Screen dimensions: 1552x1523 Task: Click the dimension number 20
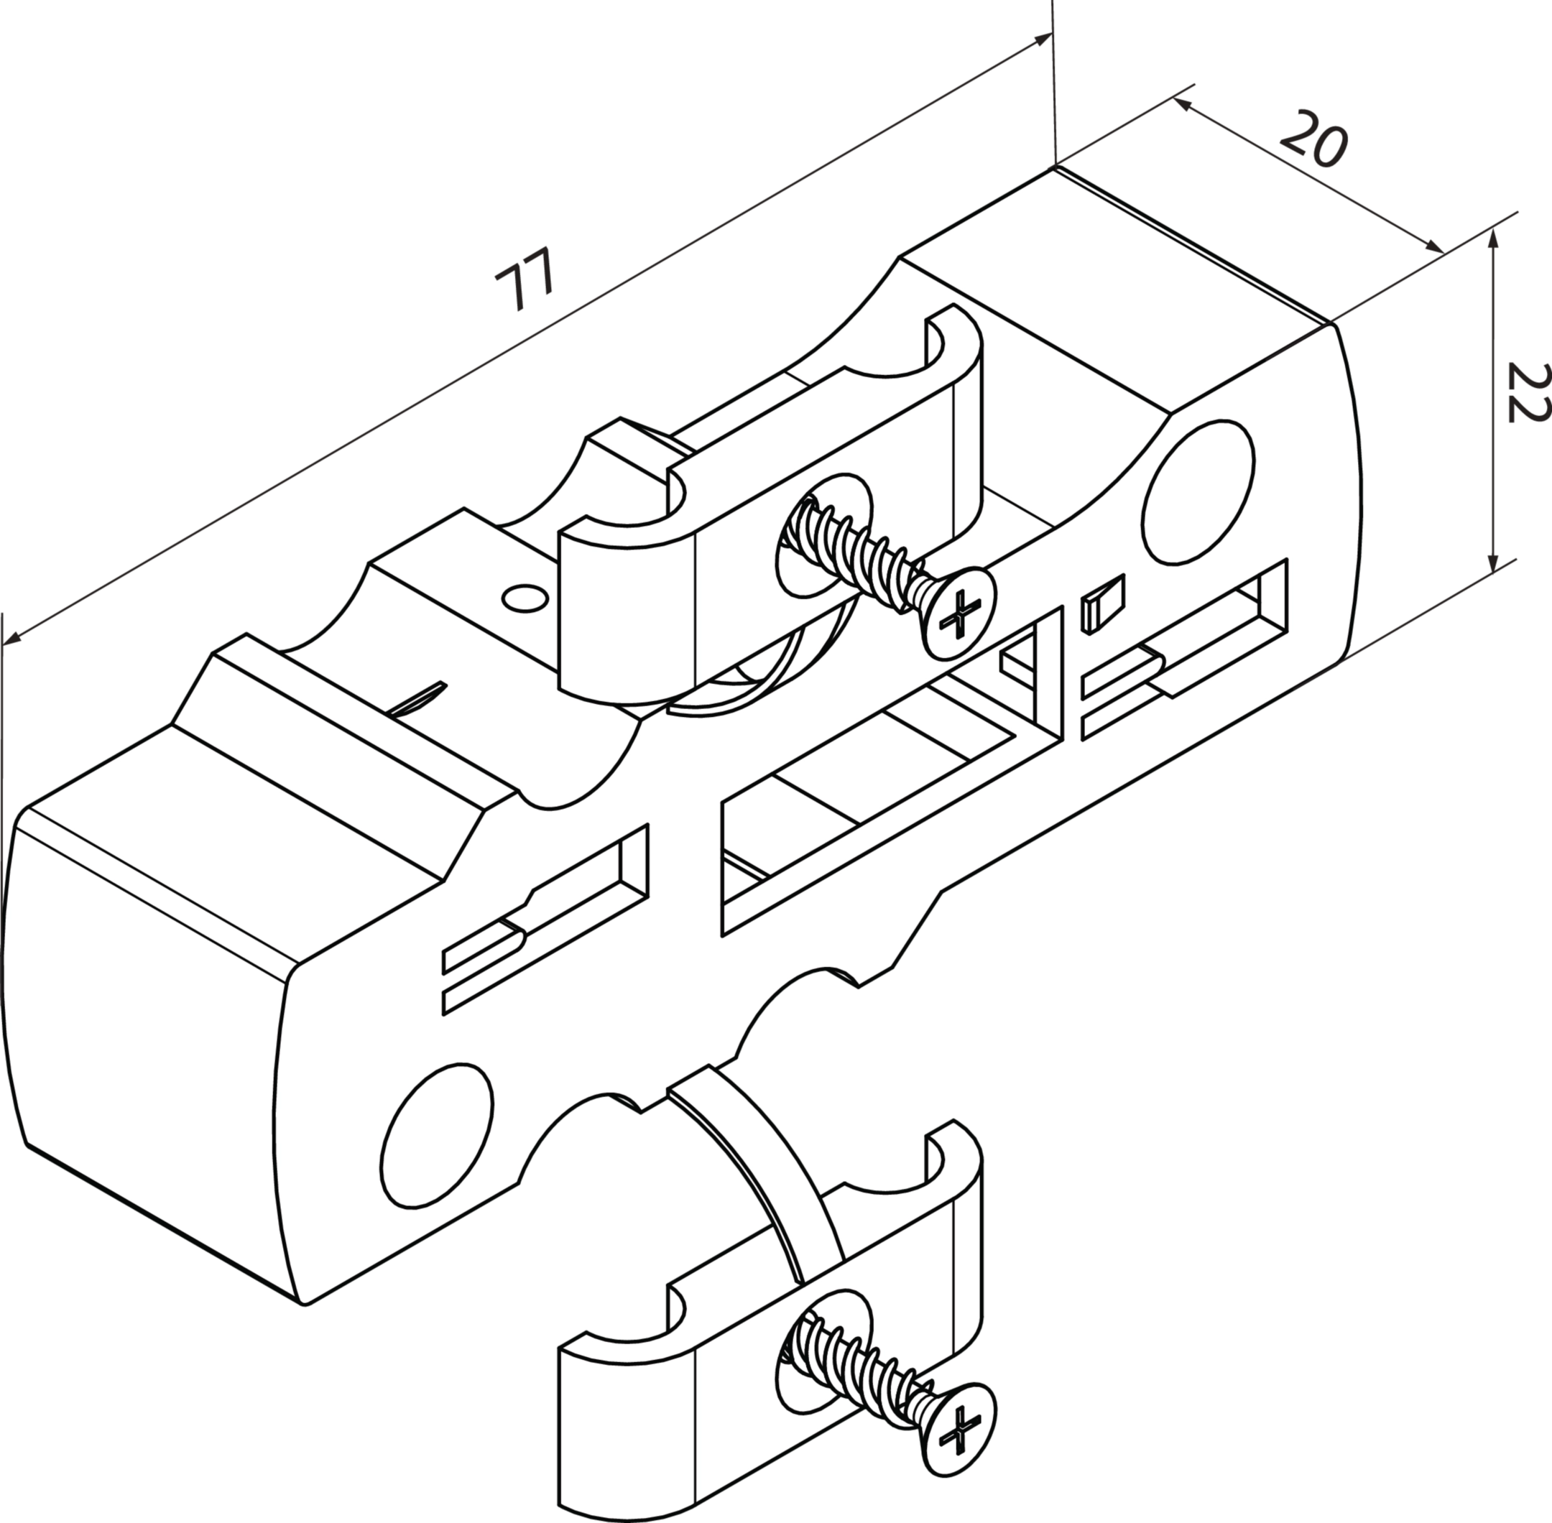click(1314, 139)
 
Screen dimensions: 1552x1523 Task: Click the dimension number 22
click(1525, 392)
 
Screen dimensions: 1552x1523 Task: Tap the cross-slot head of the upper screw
click(959, 612)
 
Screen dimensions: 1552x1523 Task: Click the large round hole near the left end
click(438, 1136)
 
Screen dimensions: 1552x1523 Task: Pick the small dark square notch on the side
click(1103, 603)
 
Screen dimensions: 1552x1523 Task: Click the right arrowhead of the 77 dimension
click(1043, 40)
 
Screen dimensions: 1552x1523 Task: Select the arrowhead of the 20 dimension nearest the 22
click(1433, 247)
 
